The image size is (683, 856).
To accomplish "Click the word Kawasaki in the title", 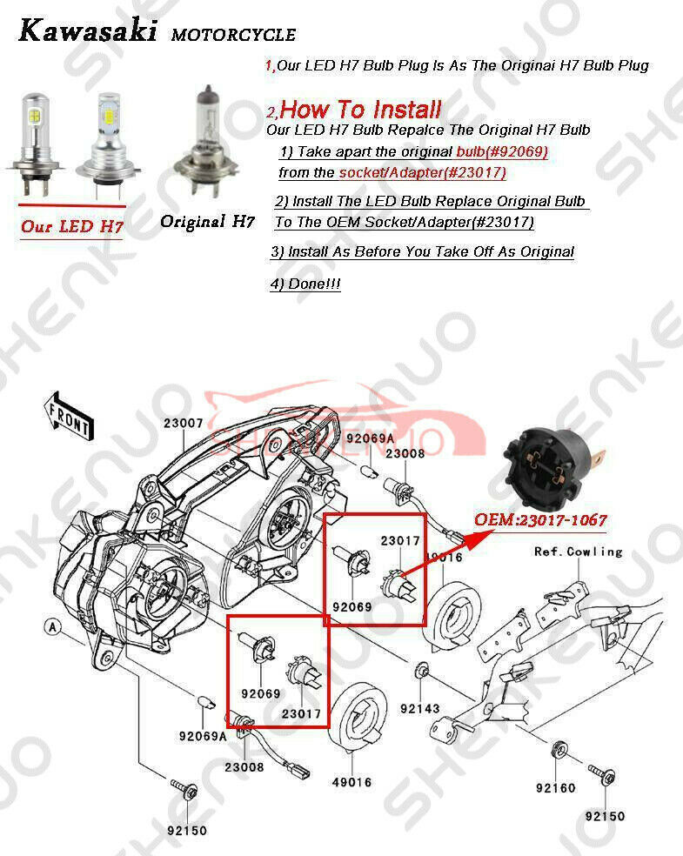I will click(88, 32).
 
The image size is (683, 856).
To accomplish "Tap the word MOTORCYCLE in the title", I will click(233, 36).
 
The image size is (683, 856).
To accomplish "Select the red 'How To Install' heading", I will click(360, 110).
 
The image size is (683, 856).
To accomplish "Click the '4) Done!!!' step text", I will click(305, 284).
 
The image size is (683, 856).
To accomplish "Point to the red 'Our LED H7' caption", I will click(71, 227).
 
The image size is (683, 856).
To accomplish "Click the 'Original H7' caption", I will click(206, 222).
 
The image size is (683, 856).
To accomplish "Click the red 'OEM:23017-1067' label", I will click(539, 520).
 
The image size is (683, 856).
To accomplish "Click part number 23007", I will click(183, 424).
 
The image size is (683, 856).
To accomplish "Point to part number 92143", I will click(420, 708).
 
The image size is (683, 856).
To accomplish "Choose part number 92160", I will click(555, 788).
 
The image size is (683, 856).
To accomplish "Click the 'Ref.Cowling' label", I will click(578, 552).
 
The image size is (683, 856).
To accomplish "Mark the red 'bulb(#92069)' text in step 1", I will click(502, 151).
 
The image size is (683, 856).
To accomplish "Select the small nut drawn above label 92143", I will click(423, 672).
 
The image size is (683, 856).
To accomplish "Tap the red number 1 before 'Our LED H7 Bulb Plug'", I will click(269, 66).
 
